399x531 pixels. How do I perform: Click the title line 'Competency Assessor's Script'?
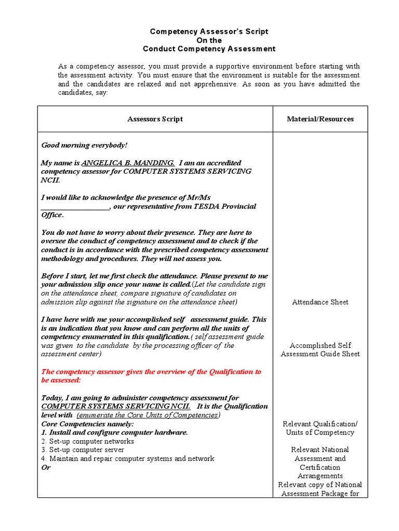209,31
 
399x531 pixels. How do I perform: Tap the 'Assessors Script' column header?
155,119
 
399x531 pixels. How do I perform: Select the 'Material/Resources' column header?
320,119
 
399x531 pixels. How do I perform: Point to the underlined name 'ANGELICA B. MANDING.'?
124,162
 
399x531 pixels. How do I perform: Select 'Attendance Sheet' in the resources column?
320,302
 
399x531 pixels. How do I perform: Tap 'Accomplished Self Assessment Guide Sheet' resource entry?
320,350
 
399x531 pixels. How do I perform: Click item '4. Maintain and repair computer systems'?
127,458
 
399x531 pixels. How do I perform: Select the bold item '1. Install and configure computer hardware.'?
114,432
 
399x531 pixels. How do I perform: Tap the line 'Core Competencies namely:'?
80,424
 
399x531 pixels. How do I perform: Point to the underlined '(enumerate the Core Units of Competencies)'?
149,415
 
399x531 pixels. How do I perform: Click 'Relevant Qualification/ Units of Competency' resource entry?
320,428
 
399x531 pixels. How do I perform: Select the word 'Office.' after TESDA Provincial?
52,215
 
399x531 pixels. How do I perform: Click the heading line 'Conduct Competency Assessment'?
209,49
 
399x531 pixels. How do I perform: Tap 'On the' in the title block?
209,40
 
